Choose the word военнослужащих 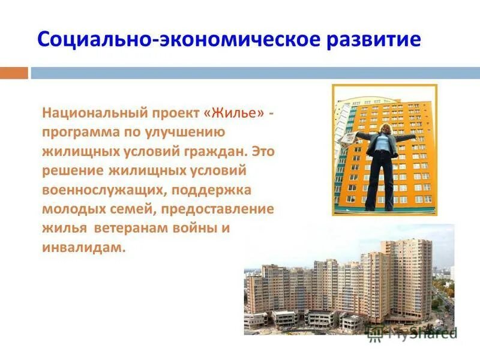tap(100, 190)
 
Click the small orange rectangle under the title tap(14, 73)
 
